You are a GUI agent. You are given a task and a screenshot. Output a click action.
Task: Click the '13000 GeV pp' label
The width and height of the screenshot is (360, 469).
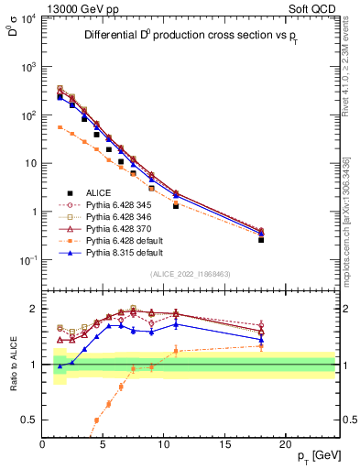pos(75,6)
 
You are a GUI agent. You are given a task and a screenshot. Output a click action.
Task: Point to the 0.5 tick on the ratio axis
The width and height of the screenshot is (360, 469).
pos(33,420)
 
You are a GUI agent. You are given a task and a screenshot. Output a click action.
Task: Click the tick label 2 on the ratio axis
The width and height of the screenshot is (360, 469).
pos(35,308)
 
